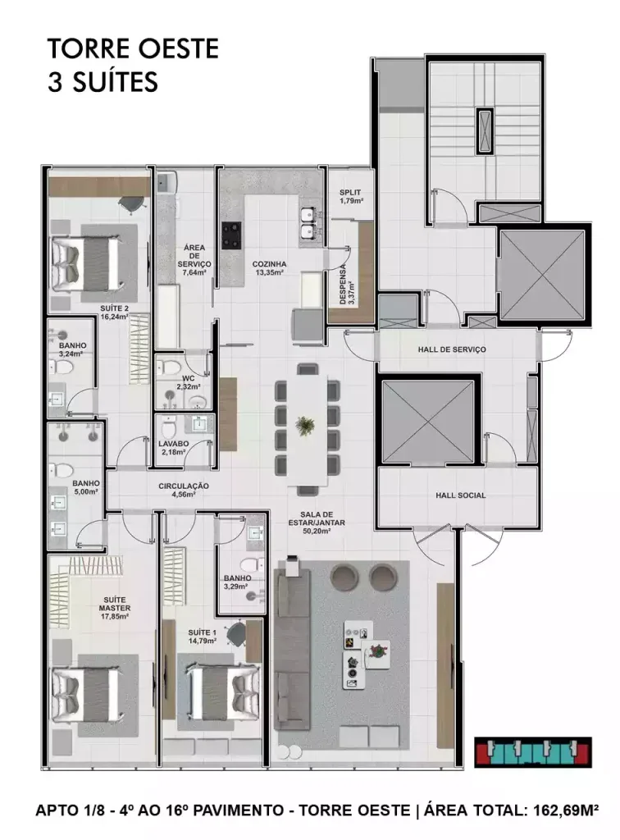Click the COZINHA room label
269,264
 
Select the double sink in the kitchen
308,224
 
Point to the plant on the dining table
306,426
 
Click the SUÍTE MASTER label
115,605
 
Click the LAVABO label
173,444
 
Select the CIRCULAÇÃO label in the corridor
183,486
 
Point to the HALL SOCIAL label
460,495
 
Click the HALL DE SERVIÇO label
452,349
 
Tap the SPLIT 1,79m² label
350,197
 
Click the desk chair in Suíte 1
236,634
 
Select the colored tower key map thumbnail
533,753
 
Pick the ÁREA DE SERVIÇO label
194,256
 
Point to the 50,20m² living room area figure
317,531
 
